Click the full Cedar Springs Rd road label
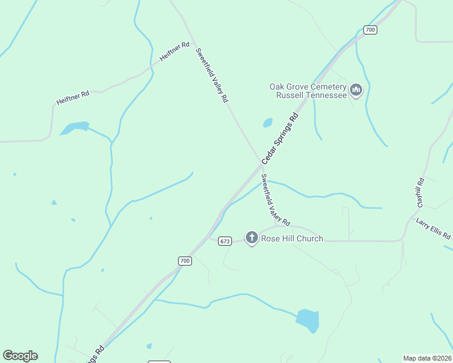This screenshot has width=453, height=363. (x=280, y=139)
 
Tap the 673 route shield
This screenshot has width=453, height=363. (x=225, y=241)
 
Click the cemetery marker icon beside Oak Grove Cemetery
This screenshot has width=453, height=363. (x=356, y=91)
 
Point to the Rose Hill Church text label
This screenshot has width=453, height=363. (x=292, y=238)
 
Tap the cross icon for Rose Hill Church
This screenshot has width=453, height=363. (x=251, y=238)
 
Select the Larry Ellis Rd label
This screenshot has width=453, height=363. (x=434, y=229)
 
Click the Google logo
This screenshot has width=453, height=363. (x=20, y=356)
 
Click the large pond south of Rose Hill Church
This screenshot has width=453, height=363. (x=308, y=320)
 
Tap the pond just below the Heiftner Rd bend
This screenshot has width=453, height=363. (x=74, y=128)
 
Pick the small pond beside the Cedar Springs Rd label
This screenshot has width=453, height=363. (x=268, y=123)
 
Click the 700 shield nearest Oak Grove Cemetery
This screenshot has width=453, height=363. (x=371, y=29)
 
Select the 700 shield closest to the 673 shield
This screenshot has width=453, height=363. (x=185, y=261)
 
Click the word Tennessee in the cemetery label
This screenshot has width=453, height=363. (x=326, y=95)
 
